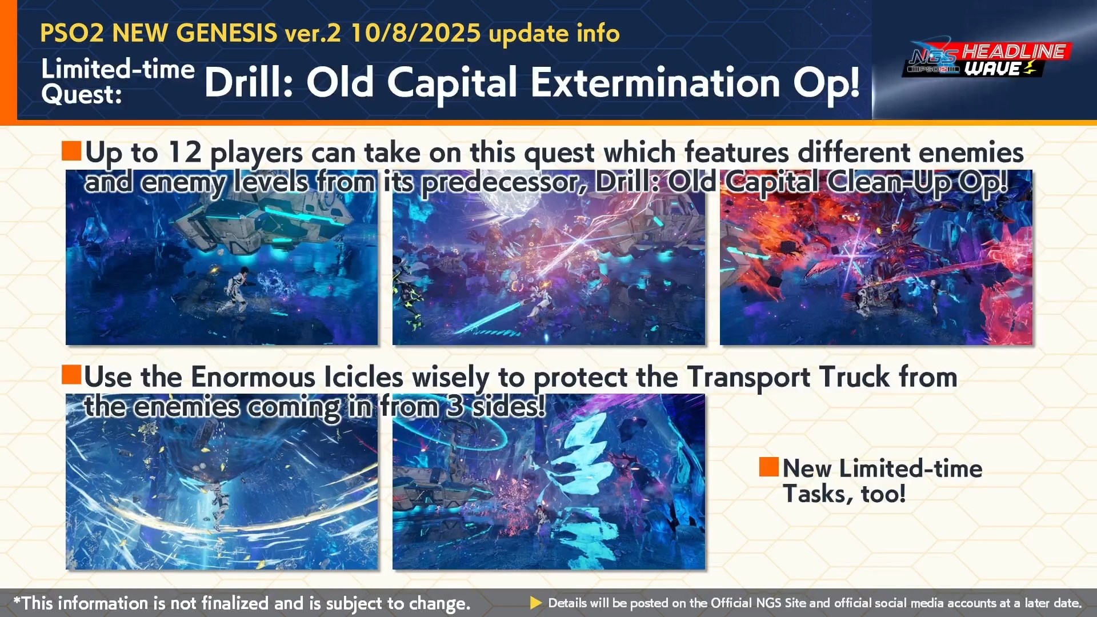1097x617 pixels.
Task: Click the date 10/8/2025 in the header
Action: click(415, 33)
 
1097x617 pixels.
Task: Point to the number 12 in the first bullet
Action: click(185, 153)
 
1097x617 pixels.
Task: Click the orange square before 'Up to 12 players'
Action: click(71, 151)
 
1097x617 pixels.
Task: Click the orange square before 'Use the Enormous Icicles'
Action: click(71, 375)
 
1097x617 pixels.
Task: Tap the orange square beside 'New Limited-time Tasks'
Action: click(768, 467)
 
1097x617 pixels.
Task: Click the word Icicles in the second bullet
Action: click(363, 377)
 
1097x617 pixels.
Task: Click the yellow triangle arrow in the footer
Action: click(536, 603)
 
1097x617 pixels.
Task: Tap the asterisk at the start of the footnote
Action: click(17, 600)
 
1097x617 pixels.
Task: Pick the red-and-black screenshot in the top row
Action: click(876, 257)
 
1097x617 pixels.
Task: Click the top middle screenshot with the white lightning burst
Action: click(548, 257)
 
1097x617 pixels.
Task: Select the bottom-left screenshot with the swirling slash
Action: click(222, 482)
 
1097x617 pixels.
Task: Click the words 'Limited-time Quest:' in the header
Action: click(118, 82)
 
